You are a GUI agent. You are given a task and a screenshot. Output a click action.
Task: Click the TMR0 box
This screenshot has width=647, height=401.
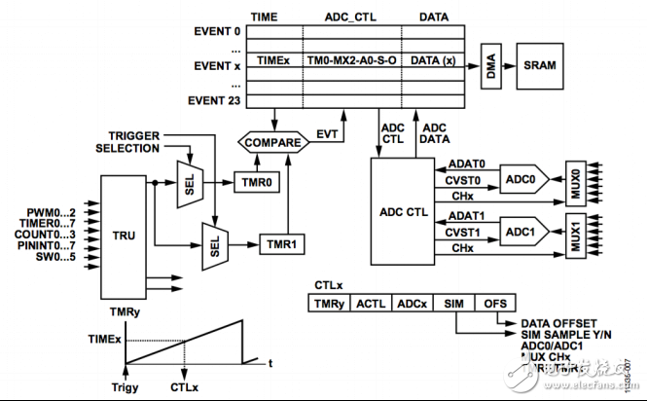click(x=256, y=181)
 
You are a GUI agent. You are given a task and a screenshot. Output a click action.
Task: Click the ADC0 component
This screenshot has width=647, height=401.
click(x=522, y=180)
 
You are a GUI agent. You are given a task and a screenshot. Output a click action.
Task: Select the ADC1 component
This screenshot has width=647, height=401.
click(x=522, y=233)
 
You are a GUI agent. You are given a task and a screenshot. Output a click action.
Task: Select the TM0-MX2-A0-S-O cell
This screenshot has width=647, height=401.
click(x=351, y=59)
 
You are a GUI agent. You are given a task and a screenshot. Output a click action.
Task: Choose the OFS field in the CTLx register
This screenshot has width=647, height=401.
click(x=493, y=305)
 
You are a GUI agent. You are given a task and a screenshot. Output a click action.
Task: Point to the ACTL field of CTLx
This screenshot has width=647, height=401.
click(x=372, y=305)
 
